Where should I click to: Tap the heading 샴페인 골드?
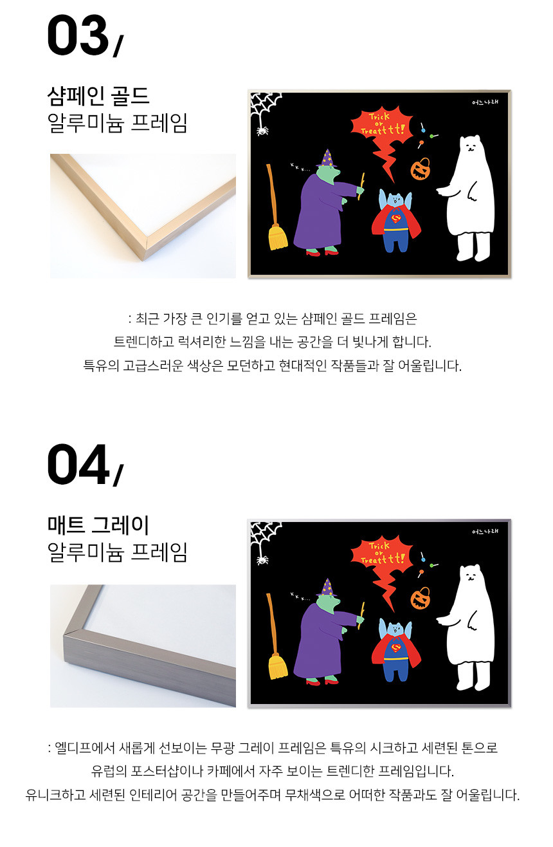pyautogui.click(x=98, y=96)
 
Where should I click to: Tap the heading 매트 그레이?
pyautogui.click(x=98, y=525)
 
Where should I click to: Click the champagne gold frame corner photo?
pyautogui.click(x=143, y=216)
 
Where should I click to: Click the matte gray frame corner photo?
pyautogui.click(x=143, y=646)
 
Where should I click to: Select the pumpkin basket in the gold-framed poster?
pyautogui.click(x=421, y=169)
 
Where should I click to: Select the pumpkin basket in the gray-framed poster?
pyautogui.click(x=421, y=598)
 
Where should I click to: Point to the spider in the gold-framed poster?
pyautogui.click(x=262, y=131)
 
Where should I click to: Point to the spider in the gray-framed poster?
pyautogui.click(x=262, y=560)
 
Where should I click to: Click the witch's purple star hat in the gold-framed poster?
pyautogui.click(x=327, y=158)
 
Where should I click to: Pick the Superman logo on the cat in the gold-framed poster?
pyautogui.click(x=396, y=219)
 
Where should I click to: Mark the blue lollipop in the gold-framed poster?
pyautogui.click(x=423, y=128)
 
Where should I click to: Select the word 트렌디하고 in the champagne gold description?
pyautogui.click(x=144, y=342)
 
